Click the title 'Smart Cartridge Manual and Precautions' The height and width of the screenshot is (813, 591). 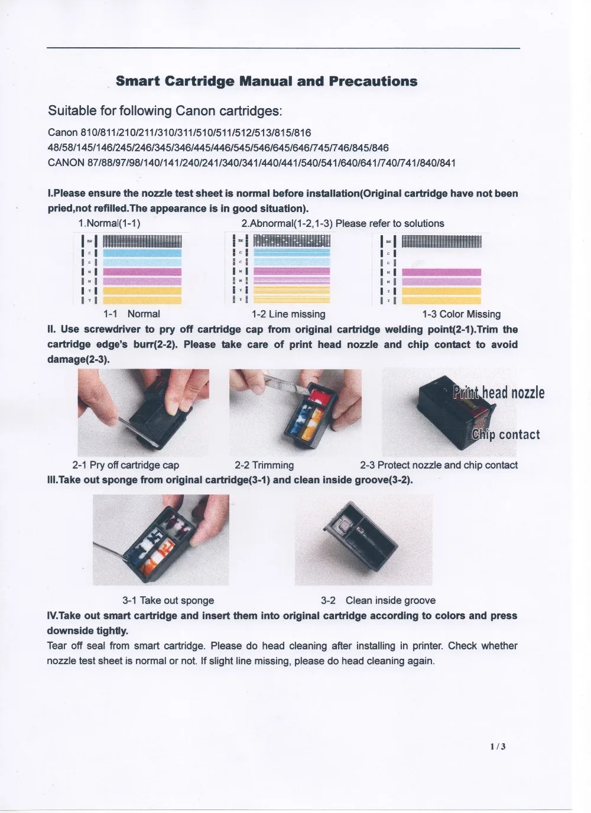pos(267,82)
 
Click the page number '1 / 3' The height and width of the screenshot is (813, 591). pos(498,746)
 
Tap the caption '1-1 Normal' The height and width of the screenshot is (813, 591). pos(131,314)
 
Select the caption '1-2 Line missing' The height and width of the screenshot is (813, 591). pos(288,314)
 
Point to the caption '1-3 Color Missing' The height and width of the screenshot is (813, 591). pos(461,314)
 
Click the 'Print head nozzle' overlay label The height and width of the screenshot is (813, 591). pos(499,393)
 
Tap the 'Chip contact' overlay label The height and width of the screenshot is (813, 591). pos(506,435)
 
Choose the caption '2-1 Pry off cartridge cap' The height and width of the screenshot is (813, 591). pos(125,465)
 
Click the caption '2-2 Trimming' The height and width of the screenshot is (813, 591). pos(264,465)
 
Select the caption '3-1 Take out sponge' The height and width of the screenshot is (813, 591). pos(168,600)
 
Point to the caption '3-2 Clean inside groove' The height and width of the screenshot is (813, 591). pos(378,600)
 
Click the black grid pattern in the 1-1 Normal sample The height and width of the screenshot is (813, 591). pos(142,241)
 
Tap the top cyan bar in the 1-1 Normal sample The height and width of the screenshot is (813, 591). pos(142,253)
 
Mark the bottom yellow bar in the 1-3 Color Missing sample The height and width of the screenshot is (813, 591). pos(441,300)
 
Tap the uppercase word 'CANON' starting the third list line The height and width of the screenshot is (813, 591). pos(66,163)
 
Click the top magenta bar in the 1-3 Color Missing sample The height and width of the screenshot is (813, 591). pos(441,272)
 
